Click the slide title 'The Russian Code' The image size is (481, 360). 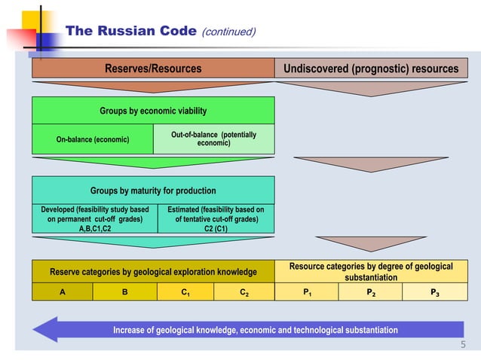(x=131, y=32)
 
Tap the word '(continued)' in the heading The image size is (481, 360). (x=229, y=32)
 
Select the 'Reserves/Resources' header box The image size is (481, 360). (x=152, y=69)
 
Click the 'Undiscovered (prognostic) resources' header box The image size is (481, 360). (x=370, y=69)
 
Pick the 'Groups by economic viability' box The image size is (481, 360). (x=152, y=111)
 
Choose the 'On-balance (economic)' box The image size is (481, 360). (x=93, y=139)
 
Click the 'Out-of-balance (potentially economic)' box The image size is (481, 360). (x=214, y=139)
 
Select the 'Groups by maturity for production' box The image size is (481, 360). (x=152, y=191)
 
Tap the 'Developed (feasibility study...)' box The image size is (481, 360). (x=93, y=218)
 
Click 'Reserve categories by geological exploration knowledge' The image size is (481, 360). (x=152, y=271)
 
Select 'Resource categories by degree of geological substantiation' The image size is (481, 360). (x=370, y=271)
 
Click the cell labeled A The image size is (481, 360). (x=62, y=292)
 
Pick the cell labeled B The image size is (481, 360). (x=124, y=292)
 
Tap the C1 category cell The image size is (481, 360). (x=184, y=292)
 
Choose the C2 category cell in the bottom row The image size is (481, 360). (x=244, y=292)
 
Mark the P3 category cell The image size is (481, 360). (x=435, y=292)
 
